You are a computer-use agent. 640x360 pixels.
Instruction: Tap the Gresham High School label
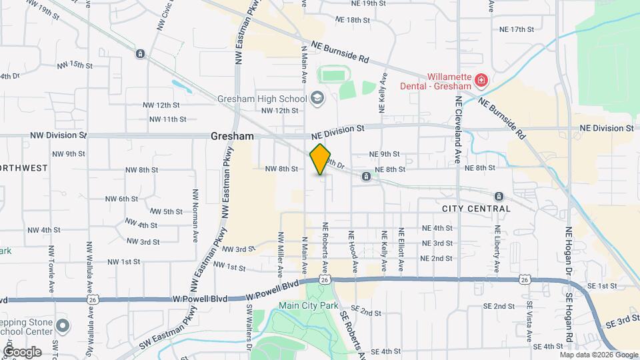point(262,99)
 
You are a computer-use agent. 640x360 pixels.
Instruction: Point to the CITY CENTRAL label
point(476,209)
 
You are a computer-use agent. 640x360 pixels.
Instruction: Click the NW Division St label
point(59,135)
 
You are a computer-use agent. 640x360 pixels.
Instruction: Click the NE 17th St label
point(517,30)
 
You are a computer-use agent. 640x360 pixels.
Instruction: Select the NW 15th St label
point(75,65)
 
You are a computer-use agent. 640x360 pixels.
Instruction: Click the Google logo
point(22,351)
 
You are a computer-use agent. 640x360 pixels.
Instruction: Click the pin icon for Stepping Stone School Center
point(63,326)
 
